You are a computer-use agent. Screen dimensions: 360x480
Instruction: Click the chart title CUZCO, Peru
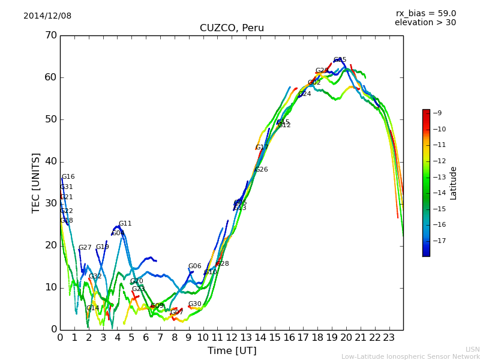(x=232, y=28)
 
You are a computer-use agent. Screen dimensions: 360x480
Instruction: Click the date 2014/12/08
(x=47, y=16)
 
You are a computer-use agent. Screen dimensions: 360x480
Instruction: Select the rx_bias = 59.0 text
(x=425, y=14)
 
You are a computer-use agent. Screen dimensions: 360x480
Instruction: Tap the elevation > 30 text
(x=425, y=23)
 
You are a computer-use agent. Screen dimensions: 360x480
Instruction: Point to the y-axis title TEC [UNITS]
(x=36, y=182)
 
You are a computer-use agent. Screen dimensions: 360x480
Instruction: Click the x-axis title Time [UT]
(x=232, y=351)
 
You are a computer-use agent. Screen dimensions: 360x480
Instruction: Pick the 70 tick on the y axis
(x=50, y=35)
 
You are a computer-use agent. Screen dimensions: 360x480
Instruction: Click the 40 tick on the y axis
(x=50, y=161)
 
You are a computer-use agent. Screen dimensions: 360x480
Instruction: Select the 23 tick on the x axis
(x=389, y=337)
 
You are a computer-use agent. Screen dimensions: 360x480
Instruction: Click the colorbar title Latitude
(x=454, y=183)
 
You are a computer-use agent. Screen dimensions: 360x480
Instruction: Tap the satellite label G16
(x=68, y=177)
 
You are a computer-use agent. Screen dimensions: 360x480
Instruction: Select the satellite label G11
(x=125, y=224)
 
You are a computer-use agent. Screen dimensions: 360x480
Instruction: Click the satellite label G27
(x=85, y=248)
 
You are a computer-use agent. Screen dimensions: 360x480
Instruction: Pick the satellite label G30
(x=195, y=304)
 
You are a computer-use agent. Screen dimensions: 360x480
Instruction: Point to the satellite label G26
(x=262, y=170)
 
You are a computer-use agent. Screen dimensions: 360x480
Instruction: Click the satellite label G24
(x=305, y=94)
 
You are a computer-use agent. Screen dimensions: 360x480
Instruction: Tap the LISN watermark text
(x=472, y=349)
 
